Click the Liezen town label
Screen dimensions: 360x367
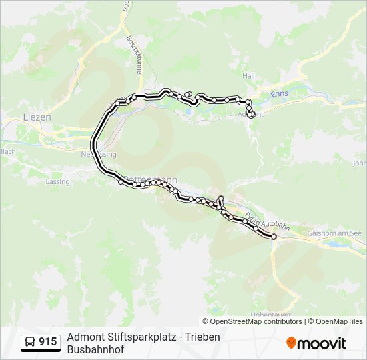[x=37, y=117]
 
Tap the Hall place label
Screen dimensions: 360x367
[x=249, y=77]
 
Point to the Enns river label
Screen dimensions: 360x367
[x=279, y=94]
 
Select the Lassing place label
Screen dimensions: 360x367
[x=57, y=181]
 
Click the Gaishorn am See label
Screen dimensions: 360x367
[x=334, y=233]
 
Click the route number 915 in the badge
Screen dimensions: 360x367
[x=47, y=342]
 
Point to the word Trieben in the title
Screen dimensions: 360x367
[x=202, y=337]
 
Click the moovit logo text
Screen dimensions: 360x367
[x=322, y=343]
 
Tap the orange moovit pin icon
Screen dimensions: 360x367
[x=291, y=343]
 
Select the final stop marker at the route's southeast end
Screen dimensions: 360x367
[x=274, y=237]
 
